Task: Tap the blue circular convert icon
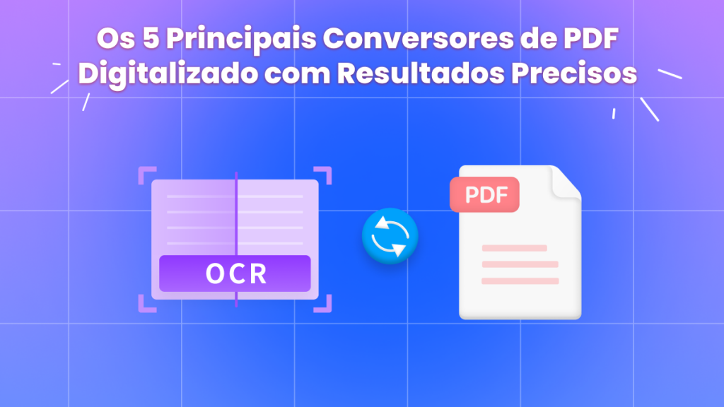pyautogui.click(x=390, y=236)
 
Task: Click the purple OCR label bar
pyautogui.click(x=235, y=273)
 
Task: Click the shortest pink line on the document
pyautogui.click(x=514, y=248)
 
